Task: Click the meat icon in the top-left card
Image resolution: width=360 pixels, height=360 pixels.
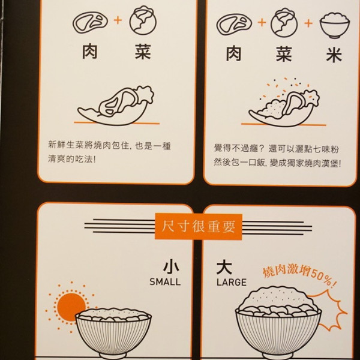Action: click(90, 22)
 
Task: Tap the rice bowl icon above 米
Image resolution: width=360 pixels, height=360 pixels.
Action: click(335, 25)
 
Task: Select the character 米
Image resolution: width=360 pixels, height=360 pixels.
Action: click(334, 55)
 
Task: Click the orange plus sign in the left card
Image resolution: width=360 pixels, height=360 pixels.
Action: click(118, 20)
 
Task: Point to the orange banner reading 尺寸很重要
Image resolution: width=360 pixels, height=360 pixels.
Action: click(199, 227)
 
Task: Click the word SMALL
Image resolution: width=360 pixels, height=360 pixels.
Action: click(165, 282)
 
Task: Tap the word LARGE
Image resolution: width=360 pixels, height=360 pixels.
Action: click(232, 282)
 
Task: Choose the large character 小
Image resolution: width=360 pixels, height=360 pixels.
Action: click(172, 267)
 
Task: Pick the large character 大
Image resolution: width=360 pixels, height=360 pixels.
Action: click(224, 267)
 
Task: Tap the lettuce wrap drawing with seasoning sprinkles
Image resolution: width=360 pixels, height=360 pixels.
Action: click(284, 103)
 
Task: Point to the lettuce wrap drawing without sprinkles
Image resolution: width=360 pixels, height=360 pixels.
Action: click(115, 106)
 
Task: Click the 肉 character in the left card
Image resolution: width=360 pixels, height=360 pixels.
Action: click(90, 52)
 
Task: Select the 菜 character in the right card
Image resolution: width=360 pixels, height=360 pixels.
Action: click(284, 54)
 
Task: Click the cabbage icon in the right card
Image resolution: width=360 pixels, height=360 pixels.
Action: click(284, 23)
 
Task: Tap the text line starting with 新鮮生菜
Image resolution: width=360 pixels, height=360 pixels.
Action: click(109, 146)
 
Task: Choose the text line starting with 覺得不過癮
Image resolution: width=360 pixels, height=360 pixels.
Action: click(277, 149)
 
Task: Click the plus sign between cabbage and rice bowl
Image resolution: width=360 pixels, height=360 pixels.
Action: click(309, 23)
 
